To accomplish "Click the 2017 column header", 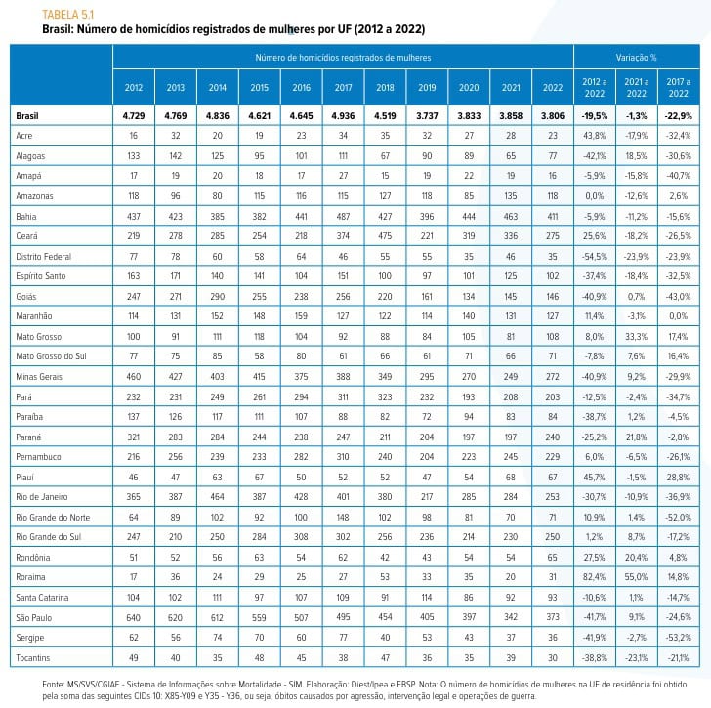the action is coord(343,88).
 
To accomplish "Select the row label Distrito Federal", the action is coord(44,257).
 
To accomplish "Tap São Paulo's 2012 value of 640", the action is coord(133,617).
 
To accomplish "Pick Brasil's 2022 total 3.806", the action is coord(553,116).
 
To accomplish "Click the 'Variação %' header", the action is coord(636,58).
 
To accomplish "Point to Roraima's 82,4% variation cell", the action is coord(595,577).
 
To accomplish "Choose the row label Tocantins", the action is coord(32,657).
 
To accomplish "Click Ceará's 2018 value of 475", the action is coord(385,236).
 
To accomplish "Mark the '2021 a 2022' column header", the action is coord(637,88).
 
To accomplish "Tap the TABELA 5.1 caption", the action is coord(68,15).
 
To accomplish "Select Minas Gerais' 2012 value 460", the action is coord(133,377).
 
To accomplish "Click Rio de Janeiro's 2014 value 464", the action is coord(217,497).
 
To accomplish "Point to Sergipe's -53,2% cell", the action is coord(679,638).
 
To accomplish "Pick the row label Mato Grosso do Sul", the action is coord(51,356).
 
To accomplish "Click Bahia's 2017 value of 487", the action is coord(343,217).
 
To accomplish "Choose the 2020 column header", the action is coord(469,88).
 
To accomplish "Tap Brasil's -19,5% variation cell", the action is coord(595,116).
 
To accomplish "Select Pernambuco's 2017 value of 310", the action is coord(343,457).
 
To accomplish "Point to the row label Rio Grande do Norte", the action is coord(53,518).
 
